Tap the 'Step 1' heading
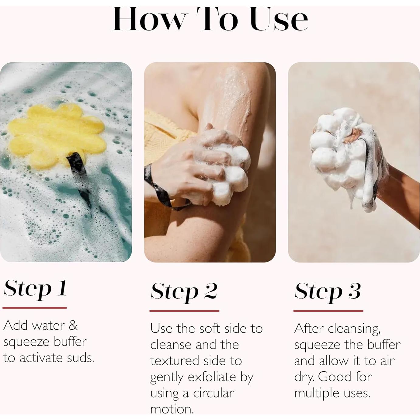[35, 288]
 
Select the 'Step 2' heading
[184, 291]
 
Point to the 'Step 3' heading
[328, 291]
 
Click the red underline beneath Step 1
[35, 308]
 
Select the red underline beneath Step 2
[184, 311]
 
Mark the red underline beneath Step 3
[328, 311]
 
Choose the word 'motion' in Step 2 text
[172, 409]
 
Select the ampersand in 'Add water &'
[73, 325]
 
